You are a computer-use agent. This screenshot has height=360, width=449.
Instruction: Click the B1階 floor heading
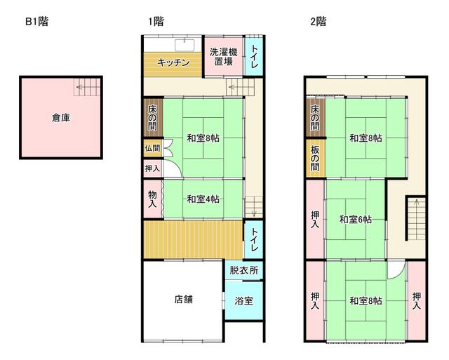point(37,22)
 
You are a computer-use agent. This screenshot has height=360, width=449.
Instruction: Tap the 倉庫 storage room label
point(61,117)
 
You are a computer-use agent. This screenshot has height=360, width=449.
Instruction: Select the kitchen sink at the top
point(185,45)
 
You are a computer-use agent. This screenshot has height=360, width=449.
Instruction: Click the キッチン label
point(173,62)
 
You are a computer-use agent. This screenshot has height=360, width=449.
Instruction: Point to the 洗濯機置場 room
point(223,57)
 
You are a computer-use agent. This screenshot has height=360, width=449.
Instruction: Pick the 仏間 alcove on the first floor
point(153,148)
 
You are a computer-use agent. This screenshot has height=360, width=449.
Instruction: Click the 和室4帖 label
point(203,199)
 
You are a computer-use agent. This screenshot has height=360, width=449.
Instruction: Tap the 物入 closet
point(153,199)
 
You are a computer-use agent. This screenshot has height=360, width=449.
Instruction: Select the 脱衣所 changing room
point(244,270)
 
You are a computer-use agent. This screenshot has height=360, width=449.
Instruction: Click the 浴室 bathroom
point(244,301)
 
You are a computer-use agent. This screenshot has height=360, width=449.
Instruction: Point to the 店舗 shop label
point(183,300)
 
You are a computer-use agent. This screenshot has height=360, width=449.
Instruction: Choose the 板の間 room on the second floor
point(315,158)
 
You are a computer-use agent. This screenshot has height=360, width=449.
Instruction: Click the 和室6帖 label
point(356,220)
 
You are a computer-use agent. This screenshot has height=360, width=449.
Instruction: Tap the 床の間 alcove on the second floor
point(315,118)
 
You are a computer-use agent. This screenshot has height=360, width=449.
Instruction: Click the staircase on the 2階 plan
point(416,219)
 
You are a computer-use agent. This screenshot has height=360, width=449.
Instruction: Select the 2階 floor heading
point(318,22)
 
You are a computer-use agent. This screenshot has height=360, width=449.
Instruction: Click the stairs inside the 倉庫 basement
point(87,87)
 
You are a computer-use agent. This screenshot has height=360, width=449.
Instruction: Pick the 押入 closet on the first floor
point(153,168)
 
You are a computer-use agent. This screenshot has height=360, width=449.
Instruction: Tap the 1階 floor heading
point(156,22)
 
